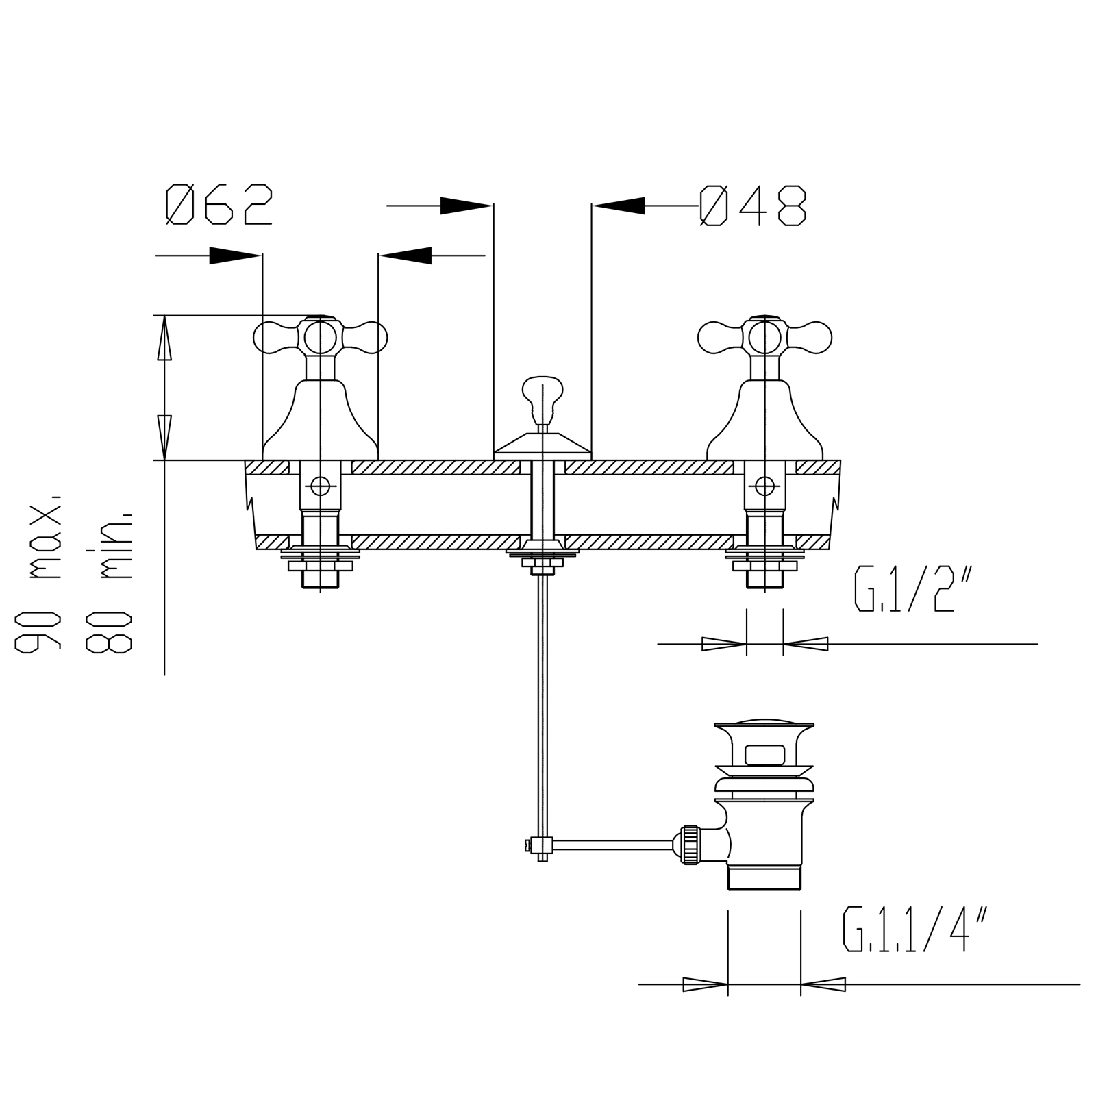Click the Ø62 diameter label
[219, 204]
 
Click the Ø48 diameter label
[753, 206]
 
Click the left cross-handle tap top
[321, 337]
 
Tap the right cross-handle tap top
[764, 337]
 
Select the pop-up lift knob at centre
[543, 400]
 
